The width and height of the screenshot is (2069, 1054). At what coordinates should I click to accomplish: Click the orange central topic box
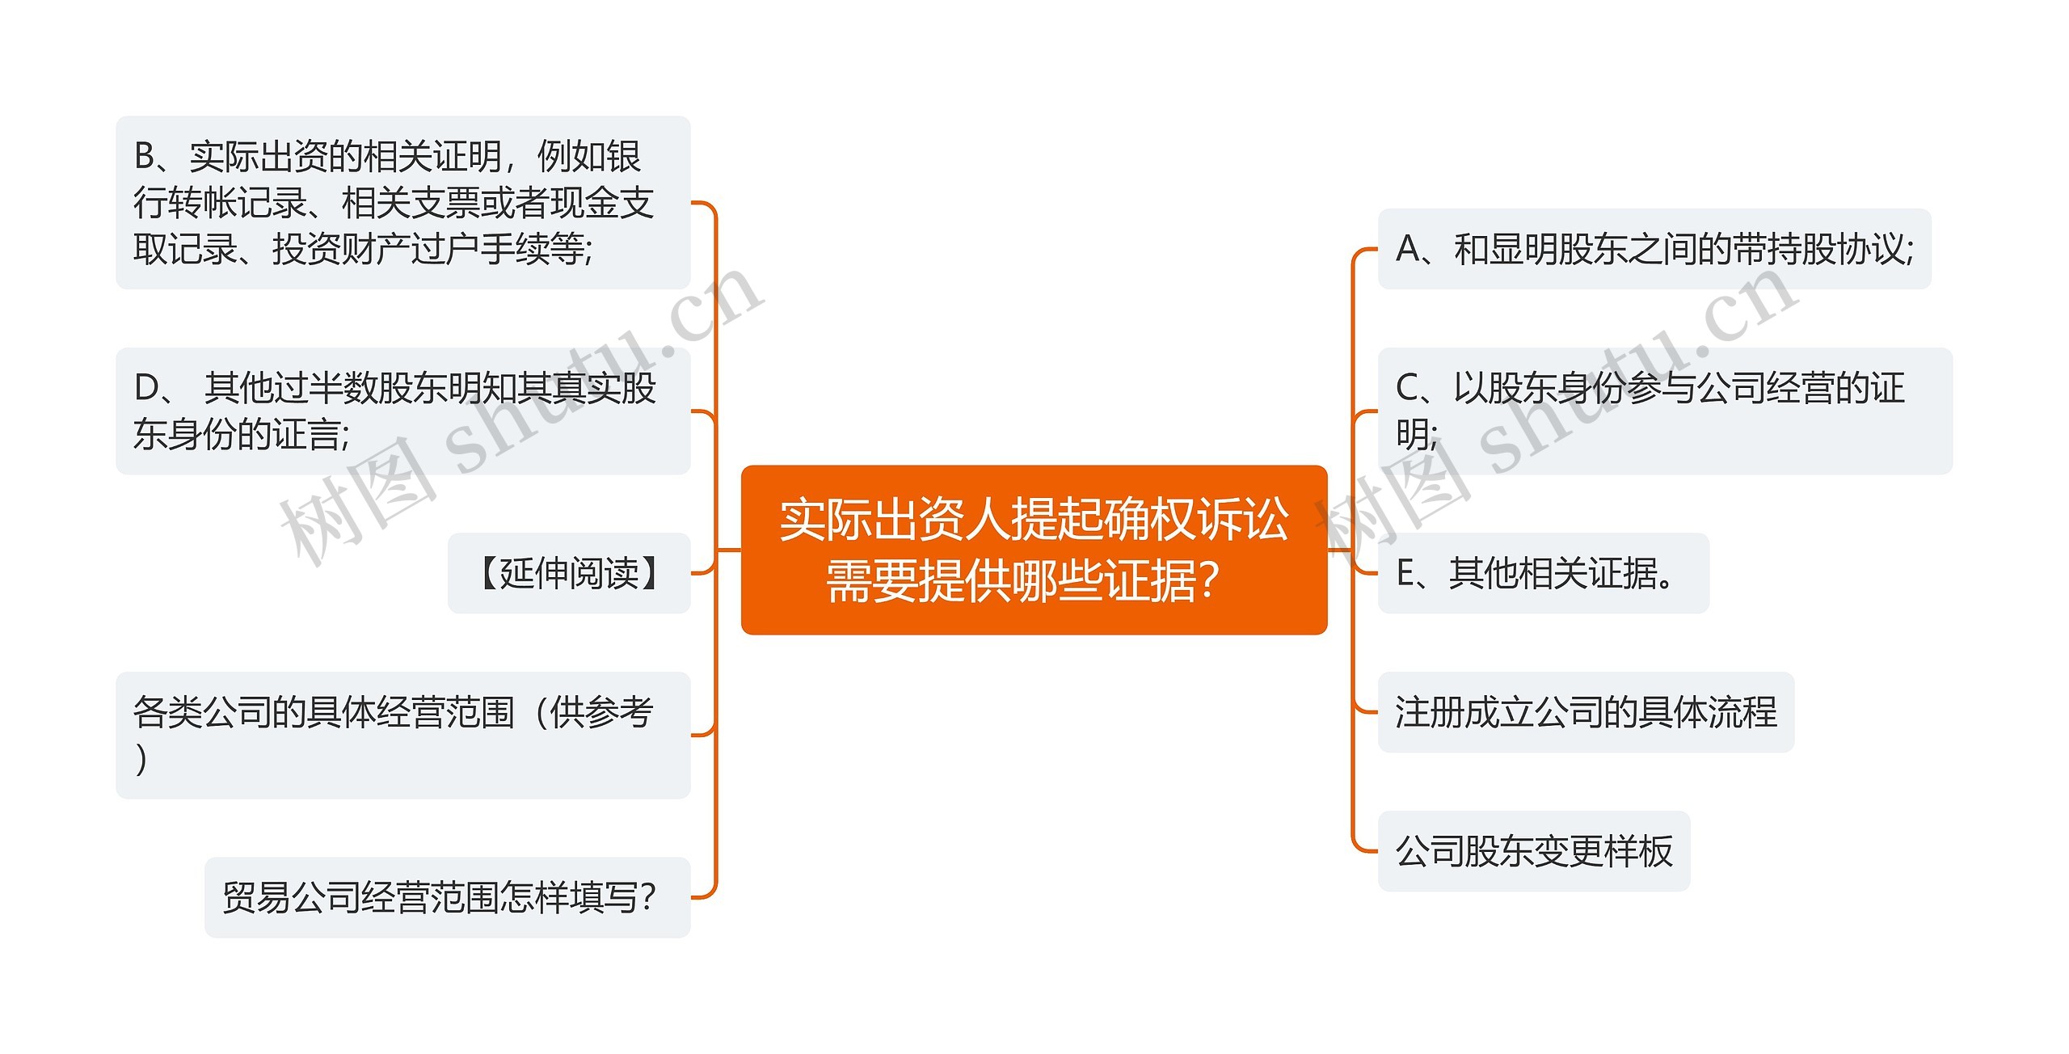pos(1034,550)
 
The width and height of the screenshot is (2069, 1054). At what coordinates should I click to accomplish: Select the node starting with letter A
pos(1654,249)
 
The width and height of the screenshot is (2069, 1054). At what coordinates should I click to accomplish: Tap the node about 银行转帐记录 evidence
pos(402,202)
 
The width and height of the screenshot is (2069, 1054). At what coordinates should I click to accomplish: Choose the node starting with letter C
pos(1664,411)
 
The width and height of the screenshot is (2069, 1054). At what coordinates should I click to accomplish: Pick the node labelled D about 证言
pos(402,411)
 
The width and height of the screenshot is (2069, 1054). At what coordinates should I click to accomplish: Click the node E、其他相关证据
pos(1542,573)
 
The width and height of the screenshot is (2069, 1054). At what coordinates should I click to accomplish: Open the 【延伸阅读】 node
pos(569,573)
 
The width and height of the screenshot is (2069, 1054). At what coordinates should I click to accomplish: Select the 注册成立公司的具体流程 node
pos(1585,712)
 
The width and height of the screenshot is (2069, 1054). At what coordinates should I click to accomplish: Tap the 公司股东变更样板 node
pos(1533,851)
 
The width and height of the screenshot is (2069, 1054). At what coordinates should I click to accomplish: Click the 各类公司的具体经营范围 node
pos(402,735)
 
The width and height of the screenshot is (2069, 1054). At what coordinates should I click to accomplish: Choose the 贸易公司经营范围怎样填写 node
pos(447,897)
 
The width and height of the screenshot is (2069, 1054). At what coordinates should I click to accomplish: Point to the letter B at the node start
pos(145,157)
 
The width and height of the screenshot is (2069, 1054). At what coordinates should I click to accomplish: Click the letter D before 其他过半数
pos(147,389)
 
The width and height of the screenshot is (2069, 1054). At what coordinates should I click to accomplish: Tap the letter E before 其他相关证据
pos(1405,574)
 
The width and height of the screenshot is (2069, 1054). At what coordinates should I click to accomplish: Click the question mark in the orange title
pos(1210,580)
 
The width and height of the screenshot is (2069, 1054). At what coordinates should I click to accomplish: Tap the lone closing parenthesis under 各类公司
pos(142,759)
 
